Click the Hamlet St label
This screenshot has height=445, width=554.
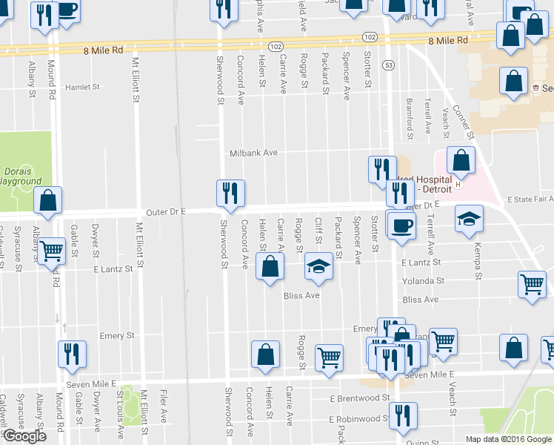click(82, 87)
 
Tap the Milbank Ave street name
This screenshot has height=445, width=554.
click(253, 152)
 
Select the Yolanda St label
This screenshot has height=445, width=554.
click(423, 281)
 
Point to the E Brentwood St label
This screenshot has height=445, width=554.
click(359, 398)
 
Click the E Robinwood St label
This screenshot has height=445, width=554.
click(358, 419)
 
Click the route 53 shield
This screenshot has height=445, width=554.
click(388, 65)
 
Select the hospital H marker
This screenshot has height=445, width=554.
click(458, 183)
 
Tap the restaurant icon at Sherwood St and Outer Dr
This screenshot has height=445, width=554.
click(230, 194)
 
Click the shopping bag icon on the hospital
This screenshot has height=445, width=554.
click(461, 159)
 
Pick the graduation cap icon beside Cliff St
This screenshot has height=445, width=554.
click(318, 266)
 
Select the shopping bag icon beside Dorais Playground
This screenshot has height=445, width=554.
click(47, 200)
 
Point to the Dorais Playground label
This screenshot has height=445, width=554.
click(20, 175)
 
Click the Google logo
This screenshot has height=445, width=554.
click(24, 435)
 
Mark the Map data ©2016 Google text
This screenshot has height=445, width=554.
click(508, 439)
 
